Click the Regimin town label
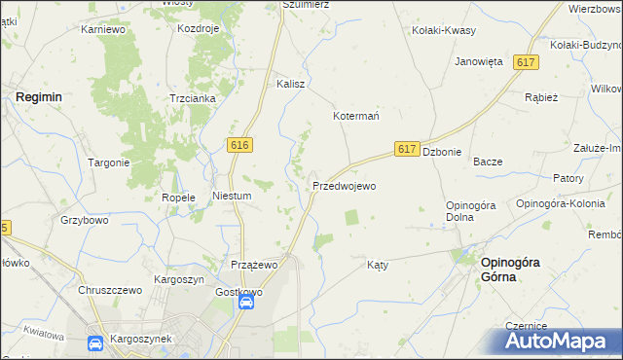click(x=39, y=97)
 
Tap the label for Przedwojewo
click(x=344, y=186)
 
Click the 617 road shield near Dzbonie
click(x=408, y=150)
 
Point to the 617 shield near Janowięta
click(x=527, y=62)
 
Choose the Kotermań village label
click(x=356, y=116)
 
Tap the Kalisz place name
click(x=291, y=84)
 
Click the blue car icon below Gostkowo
click(x=247, y=303)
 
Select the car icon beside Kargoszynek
click(x=95, y=342)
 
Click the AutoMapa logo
click(x=563, y=342)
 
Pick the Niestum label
click(x=233, y=196)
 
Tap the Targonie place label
click(x=109, y=162)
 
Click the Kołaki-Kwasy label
click(x=444, y=30)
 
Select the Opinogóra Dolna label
click(x=472, y=210)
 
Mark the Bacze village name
click(x=487, y=162)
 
